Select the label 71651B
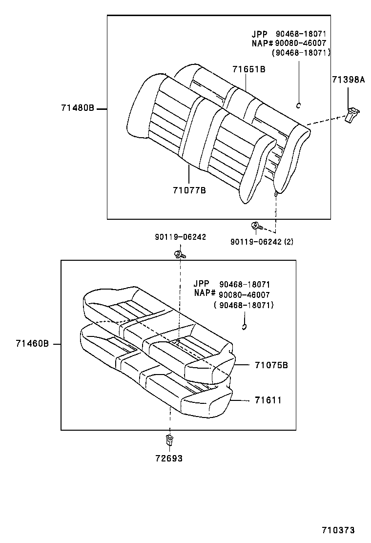[x=248, y=69]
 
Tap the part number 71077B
[x=189, y=190]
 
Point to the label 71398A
[x=348, y=80]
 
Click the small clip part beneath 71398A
[x=351, y=116]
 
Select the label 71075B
[x=271, y=365]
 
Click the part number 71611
[x=268, y=400]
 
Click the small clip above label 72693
[x=169, y=440]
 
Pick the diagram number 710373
[x=337, y=530]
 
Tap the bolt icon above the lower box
[x=179, y=254]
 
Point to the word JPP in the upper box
[x=260, y=34]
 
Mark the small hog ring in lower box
[x=245, y=327]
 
